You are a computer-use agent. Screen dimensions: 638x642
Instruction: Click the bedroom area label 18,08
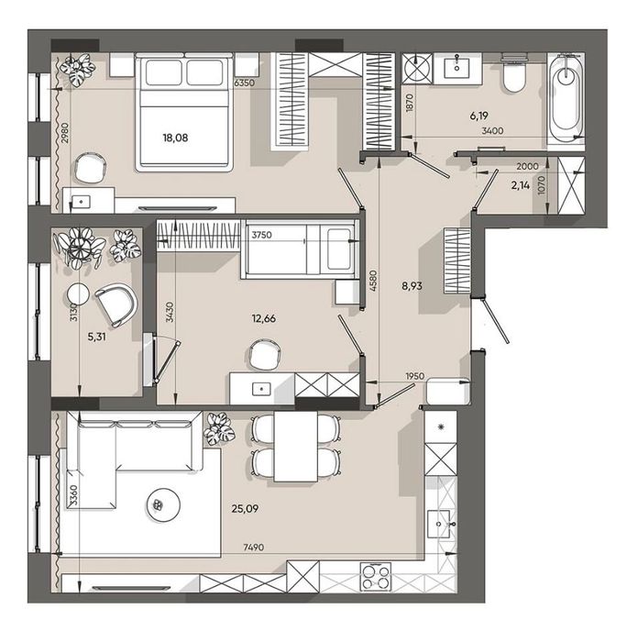[175, 138]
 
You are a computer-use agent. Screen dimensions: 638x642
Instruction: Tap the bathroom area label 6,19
[478, 116]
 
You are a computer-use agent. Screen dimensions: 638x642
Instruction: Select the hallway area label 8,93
[412, 286]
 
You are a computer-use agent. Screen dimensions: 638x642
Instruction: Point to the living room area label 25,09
[245, 508]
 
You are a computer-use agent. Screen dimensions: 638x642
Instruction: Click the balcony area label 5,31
[97, 337]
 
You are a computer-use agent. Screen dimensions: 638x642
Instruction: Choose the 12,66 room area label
[264, 318]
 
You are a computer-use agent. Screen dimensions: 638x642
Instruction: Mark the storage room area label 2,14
[520, 185]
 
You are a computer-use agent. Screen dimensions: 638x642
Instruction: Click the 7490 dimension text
[254, 547]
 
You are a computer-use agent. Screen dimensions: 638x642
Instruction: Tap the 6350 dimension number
[245, 83]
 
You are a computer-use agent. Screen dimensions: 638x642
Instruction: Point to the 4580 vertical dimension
[372, 281]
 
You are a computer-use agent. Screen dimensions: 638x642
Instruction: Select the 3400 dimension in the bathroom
[493, 131]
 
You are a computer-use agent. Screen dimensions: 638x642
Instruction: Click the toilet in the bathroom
[514, 72]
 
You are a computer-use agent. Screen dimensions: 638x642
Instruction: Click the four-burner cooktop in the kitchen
[375, 577]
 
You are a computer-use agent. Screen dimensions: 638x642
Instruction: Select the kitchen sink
[439, 524]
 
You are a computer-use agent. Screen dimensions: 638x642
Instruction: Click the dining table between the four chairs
[295, 447]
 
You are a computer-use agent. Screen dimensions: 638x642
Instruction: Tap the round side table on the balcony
[78, 294]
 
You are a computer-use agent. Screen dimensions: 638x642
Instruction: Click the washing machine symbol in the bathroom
[417, 69]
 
